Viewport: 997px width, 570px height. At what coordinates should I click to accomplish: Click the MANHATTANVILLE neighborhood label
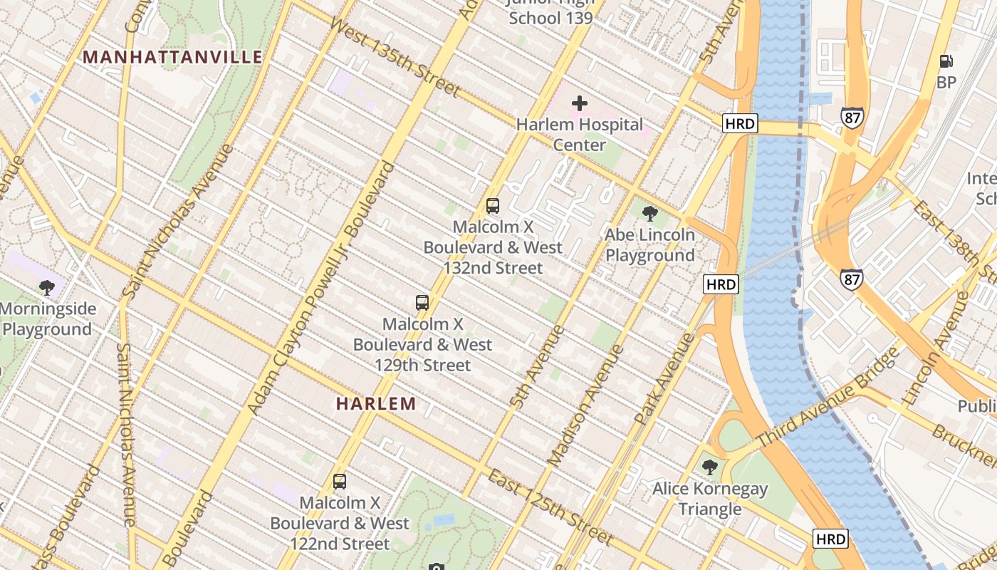coord(173,57)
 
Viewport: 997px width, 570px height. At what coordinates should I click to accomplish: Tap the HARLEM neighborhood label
coord(376,403)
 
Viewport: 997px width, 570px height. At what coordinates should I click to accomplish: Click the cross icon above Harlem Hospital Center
coord(580,103)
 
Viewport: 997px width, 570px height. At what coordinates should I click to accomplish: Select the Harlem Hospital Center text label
coord(580,135)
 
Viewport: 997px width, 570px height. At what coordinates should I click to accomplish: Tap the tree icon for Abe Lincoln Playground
coord(649,213)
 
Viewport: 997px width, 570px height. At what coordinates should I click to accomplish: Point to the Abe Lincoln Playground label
coord(649,245)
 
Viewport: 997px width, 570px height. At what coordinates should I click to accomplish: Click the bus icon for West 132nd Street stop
coord(492,206)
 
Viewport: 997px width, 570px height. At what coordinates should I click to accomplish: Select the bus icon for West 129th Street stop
coord(422,303)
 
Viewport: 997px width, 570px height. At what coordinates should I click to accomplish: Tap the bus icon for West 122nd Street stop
coord(340,482)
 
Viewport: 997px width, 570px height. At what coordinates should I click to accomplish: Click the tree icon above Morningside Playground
coord(47,288)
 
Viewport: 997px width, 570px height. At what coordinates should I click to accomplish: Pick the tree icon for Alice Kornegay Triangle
coord(709,467)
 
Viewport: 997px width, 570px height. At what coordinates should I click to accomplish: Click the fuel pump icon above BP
coord(946,62)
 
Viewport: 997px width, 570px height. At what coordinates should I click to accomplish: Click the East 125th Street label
coord(549,507)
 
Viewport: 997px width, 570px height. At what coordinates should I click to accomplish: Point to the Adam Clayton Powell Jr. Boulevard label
coord(320,289)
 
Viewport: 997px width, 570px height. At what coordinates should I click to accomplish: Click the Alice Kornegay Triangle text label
coord(710,499)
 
